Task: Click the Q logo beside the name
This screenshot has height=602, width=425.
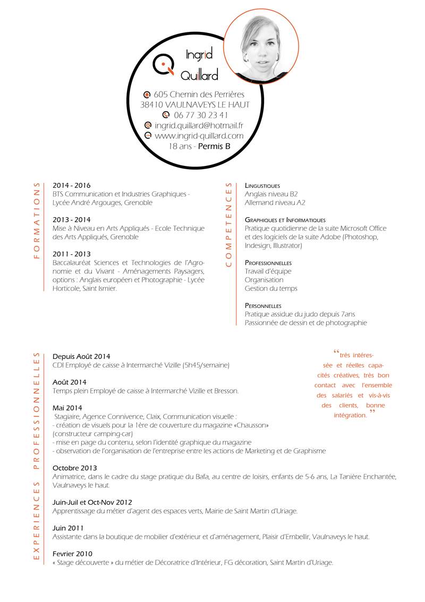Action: (x=163, y=64)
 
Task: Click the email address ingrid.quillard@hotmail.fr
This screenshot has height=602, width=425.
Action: (x=199, y=126)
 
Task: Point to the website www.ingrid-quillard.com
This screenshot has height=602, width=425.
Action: (x=199, y=136)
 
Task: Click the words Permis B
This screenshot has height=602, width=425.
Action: (x=214, y=146)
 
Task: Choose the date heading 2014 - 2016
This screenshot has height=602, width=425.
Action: (x=72, y=186)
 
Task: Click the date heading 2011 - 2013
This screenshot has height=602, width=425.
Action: (x=72, y=254)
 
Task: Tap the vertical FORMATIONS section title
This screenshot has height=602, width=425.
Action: (x=37, y=221)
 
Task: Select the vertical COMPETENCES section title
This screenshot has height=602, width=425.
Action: (x=229, y=225)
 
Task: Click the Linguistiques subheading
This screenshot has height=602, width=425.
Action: (x=262, y=186)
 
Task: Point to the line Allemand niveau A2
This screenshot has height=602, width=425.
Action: (x=275, y=203)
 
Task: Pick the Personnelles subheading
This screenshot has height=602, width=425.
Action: (x=263, y=306)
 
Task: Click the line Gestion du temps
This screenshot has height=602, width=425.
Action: (x=271, y=289)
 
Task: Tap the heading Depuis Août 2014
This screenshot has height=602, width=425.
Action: (x=81, y=356)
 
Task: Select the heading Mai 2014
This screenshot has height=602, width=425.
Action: (x=67, y=408)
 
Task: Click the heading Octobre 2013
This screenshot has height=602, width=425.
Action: (x=75, y=468)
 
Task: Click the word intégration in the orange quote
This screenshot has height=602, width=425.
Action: (x=350, y=415)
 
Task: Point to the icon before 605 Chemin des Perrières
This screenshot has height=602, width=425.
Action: (x=147, y=94)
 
